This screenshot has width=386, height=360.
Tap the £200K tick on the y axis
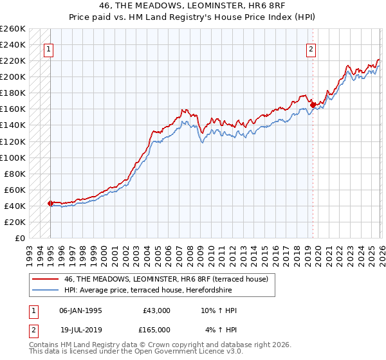(x=13, y=76)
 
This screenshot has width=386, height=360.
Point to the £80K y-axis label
(x=15, y=174)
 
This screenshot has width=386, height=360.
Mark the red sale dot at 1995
(x=50, y=203)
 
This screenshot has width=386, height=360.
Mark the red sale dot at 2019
(x=313, y=105)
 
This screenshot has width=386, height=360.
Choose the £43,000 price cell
(x=156, y=310)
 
